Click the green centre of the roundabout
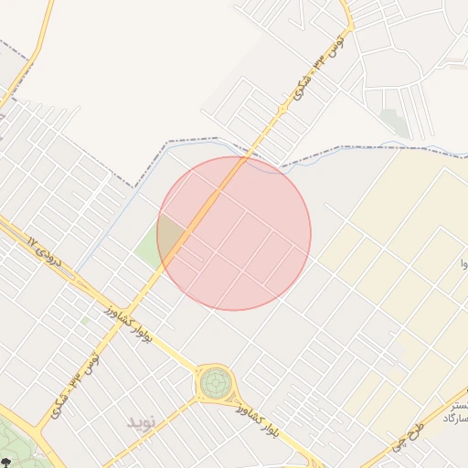[217, 382]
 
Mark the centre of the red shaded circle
[234, 234]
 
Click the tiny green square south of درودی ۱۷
[85, 321]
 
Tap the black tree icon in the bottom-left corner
[7, 463]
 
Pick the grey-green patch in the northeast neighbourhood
[395, 122]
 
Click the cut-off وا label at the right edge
[463, 265]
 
